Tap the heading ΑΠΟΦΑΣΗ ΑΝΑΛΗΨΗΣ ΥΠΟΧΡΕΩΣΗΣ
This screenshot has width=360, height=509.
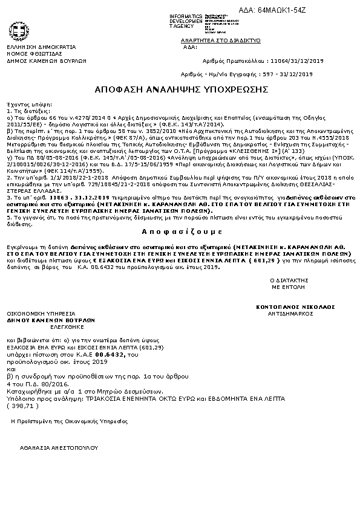click(182, 89)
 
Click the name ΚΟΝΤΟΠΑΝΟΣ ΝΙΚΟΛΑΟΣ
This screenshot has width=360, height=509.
click(295, 307)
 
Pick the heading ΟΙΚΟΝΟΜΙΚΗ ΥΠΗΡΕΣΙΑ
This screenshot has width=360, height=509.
click(41, 314)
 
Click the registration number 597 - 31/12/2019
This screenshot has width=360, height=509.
click(292, 74)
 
